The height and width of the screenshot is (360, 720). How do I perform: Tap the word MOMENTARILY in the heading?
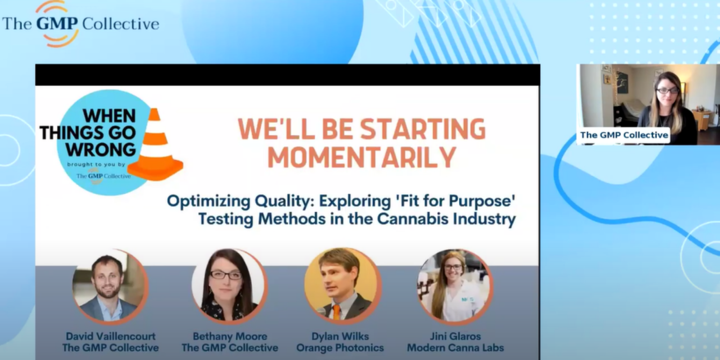(361, 157)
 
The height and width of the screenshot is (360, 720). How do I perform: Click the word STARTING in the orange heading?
(423, 128)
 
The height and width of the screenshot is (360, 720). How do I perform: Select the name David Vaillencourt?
(111, 336)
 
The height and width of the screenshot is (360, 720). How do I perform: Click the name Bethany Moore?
(230, 336)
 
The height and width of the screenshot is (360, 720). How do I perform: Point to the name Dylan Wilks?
(340, 336)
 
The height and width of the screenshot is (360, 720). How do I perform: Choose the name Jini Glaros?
(456, 336)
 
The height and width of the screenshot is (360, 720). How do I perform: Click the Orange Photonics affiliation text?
(340, 348)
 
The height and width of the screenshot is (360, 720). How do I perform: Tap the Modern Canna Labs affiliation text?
(456, 348)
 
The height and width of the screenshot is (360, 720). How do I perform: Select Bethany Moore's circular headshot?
(229, 286)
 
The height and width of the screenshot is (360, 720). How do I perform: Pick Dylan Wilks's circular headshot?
(342, 285)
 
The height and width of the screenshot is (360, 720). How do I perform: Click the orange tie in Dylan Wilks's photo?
(336, 312)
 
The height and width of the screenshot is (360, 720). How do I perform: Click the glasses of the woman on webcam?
(667, 91)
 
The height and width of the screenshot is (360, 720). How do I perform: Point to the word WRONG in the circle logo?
(101, 150)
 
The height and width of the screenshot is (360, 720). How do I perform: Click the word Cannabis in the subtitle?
(412, 219)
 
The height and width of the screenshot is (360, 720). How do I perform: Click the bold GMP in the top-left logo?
(57, 24)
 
